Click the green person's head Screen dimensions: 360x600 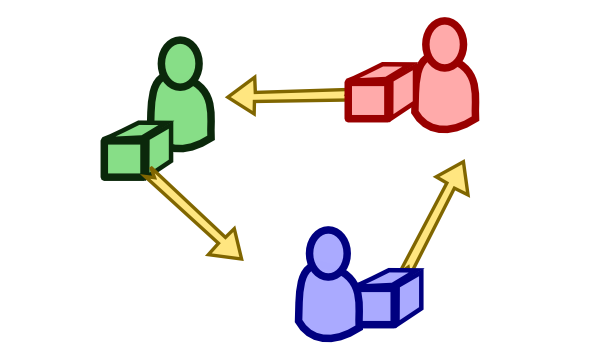pos(180,62)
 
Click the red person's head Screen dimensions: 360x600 pos(444,44)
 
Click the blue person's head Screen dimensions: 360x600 pos(328,252)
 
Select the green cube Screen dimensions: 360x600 pos(136,151)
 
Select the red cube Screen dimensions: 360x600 pos(380,93)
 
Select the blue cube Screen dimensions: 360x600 pos(389,298)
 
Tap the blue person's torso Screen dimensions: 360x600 pos(326,305)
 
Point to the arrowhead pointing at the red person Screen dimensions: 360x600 pos(454,177)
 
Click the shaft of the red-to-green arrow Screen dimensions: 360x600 pos(300,96)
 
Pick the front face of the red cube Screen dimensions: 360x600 pos(367,101)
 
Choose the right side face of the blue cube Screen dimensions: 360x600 pos(408,295)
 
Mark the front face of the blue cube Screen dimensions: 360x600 pos(376,306)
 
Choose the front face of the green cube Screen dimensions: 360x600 pos(124,159)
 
